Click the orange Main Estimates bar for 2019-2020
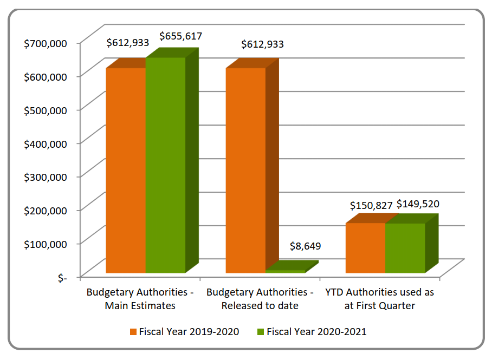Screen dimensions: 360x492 pyautogui.click(x=126, y=171)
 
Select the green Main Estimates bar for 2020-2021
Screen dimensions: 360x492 pyautogui.click(x=165, y=165)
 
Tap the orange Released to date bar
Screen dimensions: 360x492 pyautogui.click(x=245, y=171)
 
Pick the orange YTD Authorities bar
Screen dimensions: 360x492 pyautogui.click(x=365, y=248)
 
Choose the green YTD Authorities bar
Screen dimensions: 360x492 pyautogui.click(x=405, y=248)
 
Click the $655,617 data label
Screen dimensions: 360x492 pyautogui.click(x=180, y=36)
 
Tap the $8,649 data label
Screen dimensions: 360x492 pyautogui.click(x=305, y=246)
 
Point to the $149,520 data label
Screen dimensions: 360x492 pyautogui.click(x=418, y=204)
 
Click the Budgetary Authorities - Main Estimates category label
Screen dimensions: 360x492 pyautogui.click(x=140, y=299)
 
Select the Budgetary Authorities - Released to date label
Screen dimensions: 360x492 pyautogui.click(x=260, y=299)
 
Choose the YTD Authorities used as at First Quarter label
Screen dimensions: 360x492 pyautogui.click(x=379, y=299)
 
